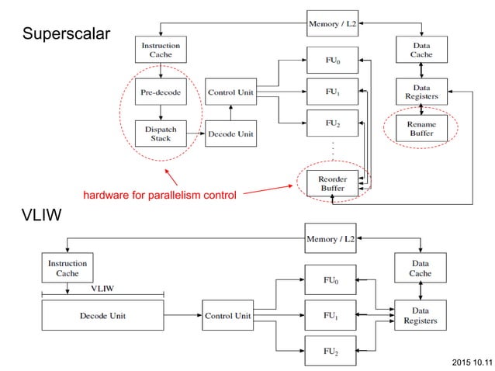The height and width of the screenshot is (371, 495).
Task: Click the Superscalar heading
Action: click(x=67, y=34)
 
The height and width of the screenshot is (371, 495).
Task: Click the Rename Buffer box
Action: click(x=421, y=129)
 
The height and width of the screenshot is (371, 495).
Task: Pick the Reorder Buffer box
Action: click(x=332, y=183)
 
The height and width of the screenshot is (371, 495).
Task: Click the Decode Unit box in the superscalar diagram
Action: click(x=229, y=133)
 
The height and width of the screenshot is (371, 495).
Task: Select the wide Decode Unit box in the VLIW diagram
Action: click(x=102, y=316)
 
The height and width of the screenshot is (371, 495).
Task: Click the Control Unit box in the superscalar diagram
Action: click(x=229, y=92)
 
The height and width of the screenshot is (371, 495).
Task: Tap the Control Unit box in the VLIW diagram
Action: click(x=227, y=316)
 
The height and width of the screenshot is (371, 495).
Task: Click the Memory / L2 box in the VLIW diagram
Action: click(x=332, y=239)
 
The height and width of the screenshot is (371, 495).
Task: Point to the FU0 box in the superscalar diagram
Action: click(x=332, y=60)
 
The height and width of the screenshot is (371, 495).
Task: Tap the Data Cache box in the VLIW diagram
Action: click(x=421, y=269)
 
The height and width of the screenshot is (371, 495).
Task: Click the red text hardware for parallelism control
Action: click(x=159, y=195)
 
